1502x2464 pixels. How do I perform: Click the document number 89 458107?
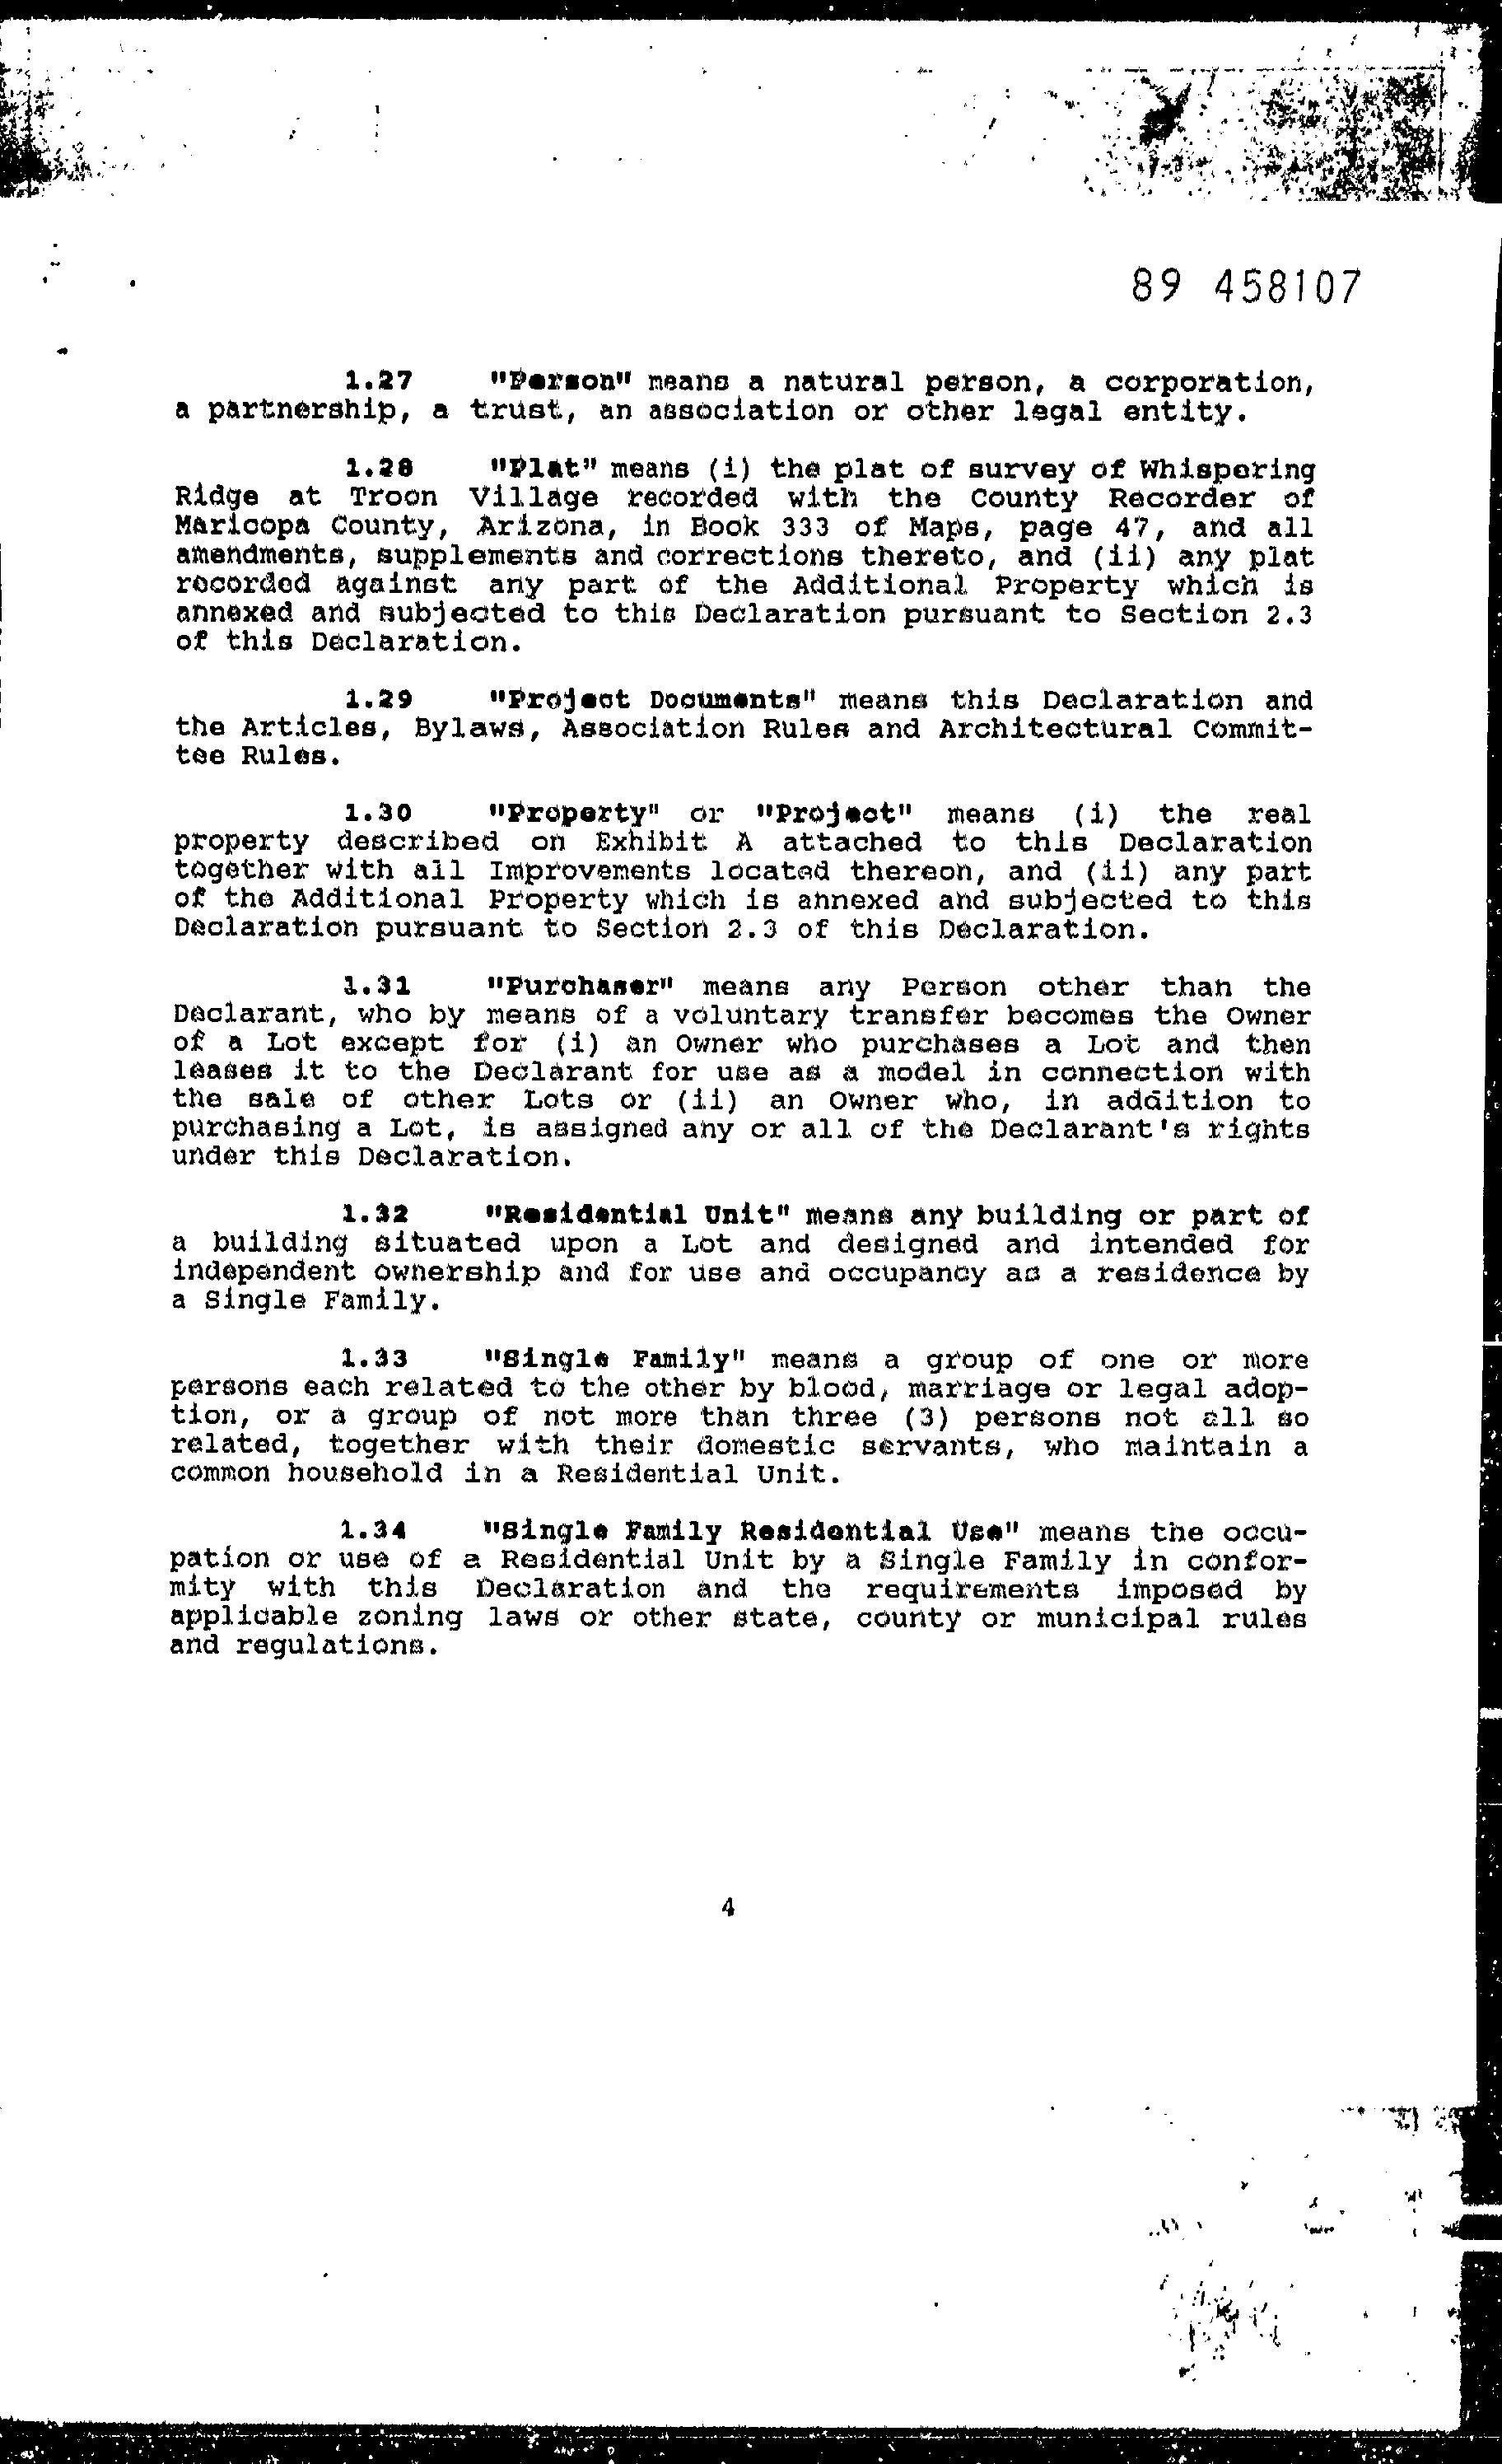click(x=1246, y=288)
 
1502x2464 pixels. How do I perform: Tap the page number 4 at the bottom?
click(x=727, y=1908)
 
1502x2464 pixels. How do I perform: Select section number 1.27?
click(x=379, y=381)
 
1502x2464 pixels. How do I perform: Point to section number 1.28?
click(x=379, y=468)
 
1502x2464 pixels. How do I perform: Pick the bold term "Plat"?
click(x=542, y=468)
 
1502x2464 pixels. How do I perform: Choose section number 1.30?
click(x=379, y=813)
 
